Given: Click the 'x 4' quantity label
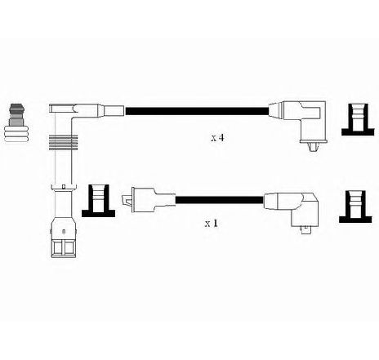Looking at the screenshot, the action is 218,138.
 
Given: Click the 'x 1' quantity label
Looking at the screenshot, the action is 212,224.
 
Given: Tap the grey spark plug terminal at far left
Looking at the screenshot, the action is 16,122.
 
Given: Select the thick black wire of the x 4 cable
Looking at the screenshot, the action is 197,111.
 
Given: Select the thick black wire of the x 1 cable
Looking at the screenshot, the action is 220,200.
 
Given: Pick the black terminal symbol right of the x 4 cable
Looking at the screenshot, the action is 358,120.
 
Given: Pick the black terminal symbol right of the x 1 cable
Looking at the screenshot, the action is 355,207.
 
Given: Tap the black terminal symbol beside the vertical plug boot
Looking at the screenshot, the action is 98,201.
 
